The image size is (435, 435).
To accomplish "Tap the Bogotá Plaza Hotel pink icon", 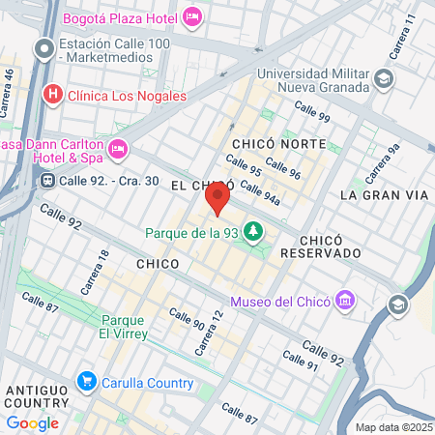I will [x=191, y=16].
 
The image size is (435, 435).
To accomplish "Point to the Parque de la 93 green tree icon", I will [x=253, y=232].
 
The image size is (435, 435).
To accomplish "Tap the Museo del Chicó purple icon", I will [x=345, y=301].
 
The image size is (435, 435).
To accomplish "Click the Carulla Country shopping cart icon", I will [x=86, y=382].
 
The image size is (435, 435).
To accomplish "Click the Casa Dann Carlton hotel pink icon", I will [x=118, y=149].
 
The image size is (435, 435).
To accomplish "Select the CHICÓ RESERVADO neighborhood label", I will [x=320, y=246].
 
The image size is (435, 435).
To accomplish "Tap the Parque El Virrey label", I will [x=123, y=327].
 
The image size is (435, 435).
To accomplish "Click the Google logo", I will [x=32, y=422].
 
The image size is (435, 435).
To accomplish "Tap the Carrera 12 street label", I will [x=210, y=332].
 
